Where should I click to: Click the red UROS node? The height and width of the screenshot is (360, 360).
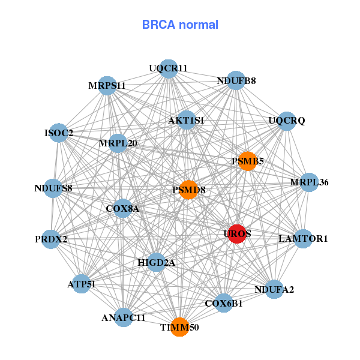[237, 234]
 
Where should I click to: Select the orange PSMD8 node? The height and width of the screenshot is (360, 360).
[188, 190]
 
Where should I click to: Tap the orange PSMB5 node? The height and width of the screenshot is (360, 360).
[248, 161]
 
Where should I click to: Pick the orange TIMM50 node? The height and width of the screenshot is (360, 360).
[179, 327]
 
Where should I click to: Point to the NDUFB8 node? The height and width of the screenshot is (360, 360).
[236, 81]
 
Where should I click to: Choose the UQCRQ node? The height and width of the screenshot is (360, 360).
[287, 121]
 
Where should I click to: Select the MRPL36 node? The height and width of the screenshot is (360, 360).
[308, 182]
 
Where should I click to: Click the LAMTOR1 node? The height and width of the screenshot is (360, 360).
[303, 238]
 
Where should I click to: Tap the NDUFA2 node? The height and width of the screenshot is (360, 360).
[274, 290]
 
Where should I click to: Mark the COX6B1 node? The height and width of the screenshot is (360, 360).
[224, 303]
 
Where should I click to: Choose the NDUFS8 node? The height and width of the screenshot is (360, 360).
[53, 188]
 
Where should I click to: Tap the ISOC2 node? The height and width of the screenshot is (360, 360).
[59, 133]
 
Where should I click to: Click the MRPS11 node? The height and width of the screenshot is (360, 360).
[107, 86]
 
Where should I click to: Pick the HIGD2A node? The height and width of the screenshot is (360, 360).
[156, 262]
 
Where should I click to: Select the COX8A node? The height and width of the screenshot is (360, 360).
[122, 209]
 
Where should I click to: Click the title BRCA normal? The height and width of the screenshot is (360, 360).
[180, 25]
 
